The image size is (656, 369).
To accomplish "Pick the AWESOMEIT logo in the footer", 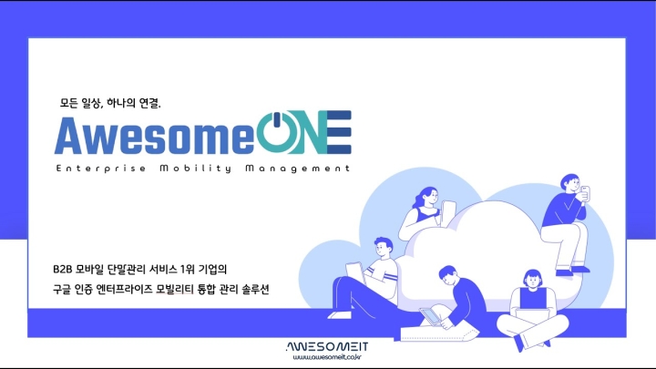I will [326, 346].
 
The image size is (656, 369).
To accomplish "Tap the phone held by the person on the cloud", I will [586, 192].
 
